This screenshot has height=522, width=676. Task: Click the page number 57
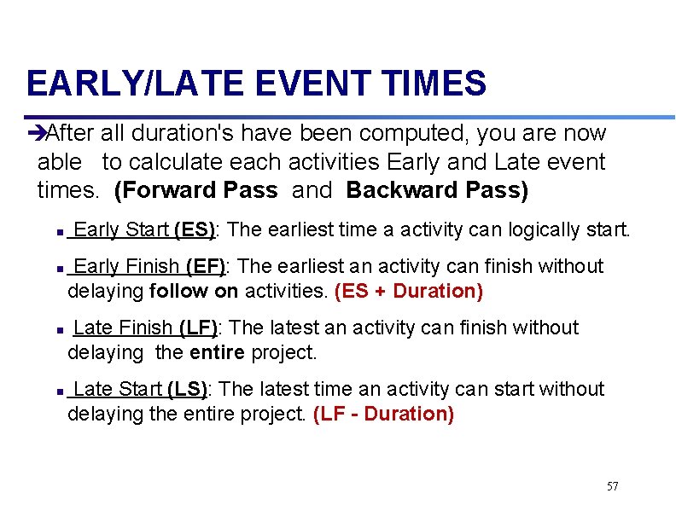(612, 486)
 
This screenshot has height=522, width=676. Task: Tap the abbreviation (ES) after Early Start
(195, 229)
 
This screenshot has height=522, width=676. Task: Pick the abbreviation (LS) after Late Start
(187, 389)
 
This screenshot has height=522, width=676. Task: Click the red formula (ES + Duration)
(409, 292)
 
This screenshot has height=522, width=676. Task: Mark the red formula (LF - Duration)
(383, 414)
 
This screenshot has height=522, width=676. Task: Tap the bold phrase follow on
(194, 292)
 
